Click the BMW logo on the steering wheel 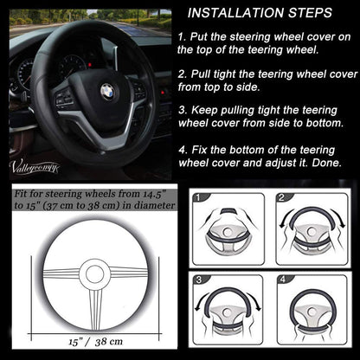pyautogui.click(x=107, y=92)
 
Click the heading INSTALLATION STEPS pyautogui.click(x=260, y=13)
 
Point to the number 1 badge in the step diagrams pyautogui.click(x=198, y=197)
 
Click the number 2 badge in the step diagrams pyautogui.click(x=281, y=197)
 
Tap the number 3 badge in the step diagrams pyautogui.click(x=199, y=280)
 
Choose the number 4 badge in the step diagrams pyautogui.click(x=283, y=280)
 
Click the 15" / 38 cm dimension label pyautogui.click(x=96, y=342)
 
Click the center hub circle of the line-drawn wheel pyautogui.click(x=94, y=273)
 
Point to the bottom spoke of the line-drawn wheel pyautogui.click(x=95, y=309)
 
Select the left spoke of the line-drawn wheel pyautogui.click(x=61, y=273)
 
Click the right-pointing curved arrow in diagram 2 pyautogui.click(x=338, y=218)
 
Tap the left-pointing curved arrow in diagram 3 pyautogui.click(x=202, y=300)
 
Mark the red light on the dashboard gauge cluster pyautogui.click(x=90, y=65)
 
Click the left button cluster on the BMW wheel pyautogui.click(x=64, y=98)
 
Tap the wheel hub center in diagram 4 pyautogui.click(x=312, y=312)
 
